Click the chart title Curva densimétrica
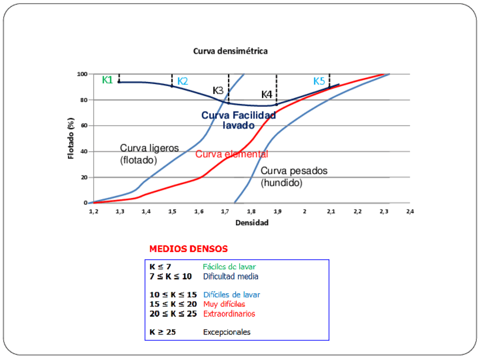click(x=230, y=51)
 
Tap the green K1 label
click(x=108, y=80)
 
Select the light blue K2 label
click(x=182, y=82)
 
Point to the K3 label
click(x=218, y=91)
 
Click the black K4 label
click(x=267, y=94)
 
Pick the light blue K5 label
click(x=319, y=82)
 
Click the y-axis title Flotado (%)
click(x=71, y=138)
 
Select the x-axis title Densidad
click(x=252, y=222)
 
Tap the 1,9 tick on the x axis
click(x=278, y=211)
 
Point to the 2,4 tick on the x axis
click(x=410, y=211)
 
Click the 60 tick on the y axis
click(x=83, y=126)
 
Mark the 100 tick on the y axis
click(x=82, y=74)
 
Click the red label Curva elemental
click(x=232, y=154)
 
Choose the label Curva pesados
click(x=294, y=171)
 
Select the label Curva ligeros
click(x=149, y=148)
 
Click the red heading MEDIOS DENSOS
click(x=188, y=248)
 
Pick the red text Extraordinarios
click(x=229, y=314)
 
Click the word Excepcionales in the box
click(x=226, y=332)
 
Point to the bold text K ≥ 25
click(x=162, y=332)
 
